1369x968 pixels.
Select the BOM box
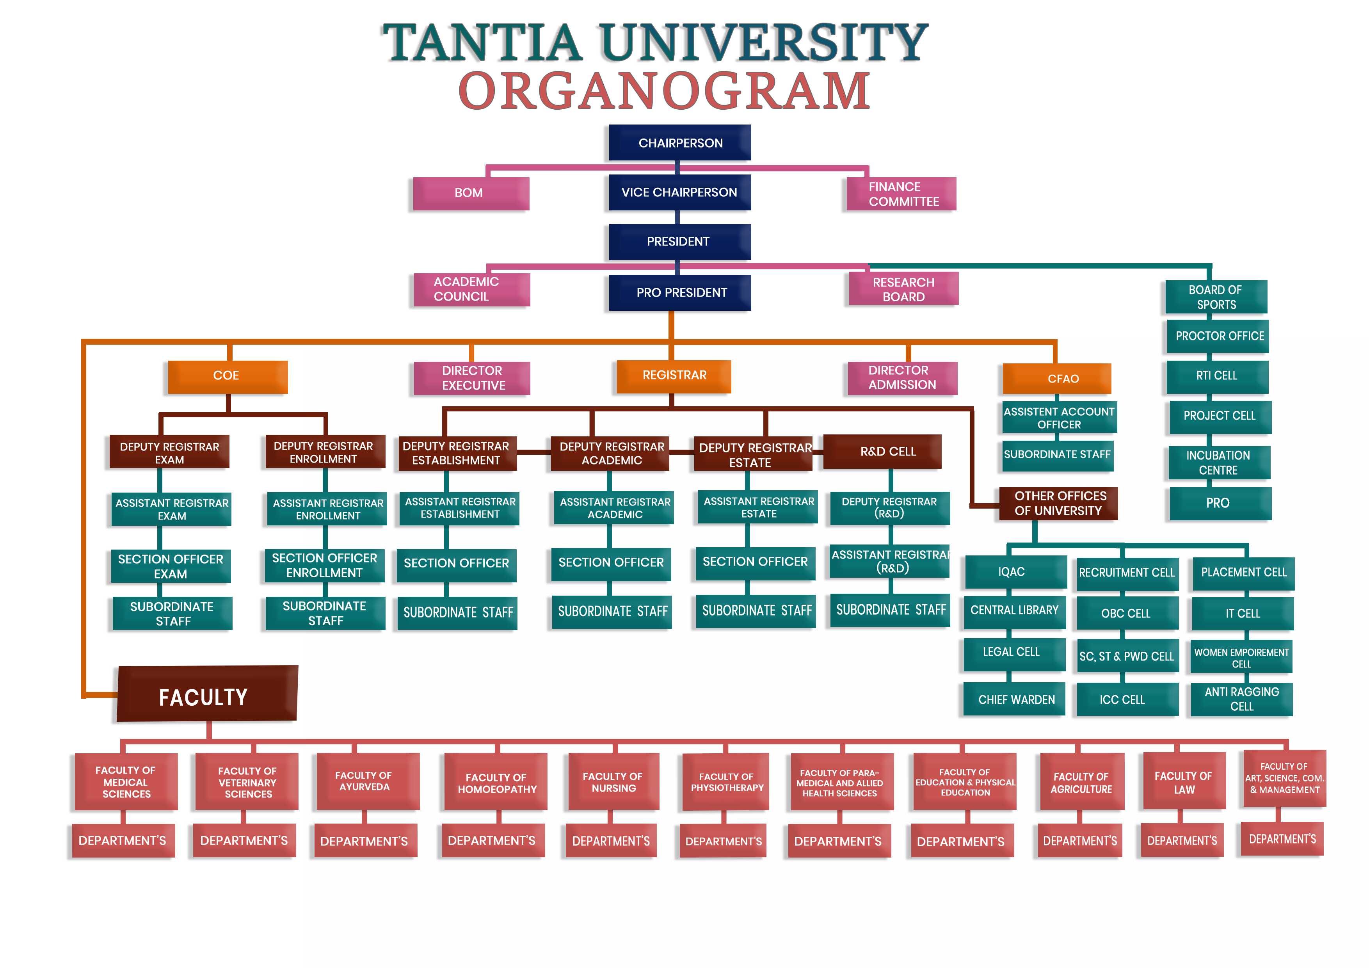tap(470, 193)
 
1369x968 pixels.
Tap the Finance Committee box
tap(901, 194)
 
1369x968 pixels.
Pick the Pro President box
tap(680, 293)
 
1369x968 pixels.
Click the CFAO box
tap(1056, 379)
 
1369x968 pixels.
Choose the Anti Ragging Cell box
tap(1241, 699)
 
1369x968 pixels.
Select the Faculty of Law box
tap(1184, 782)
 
